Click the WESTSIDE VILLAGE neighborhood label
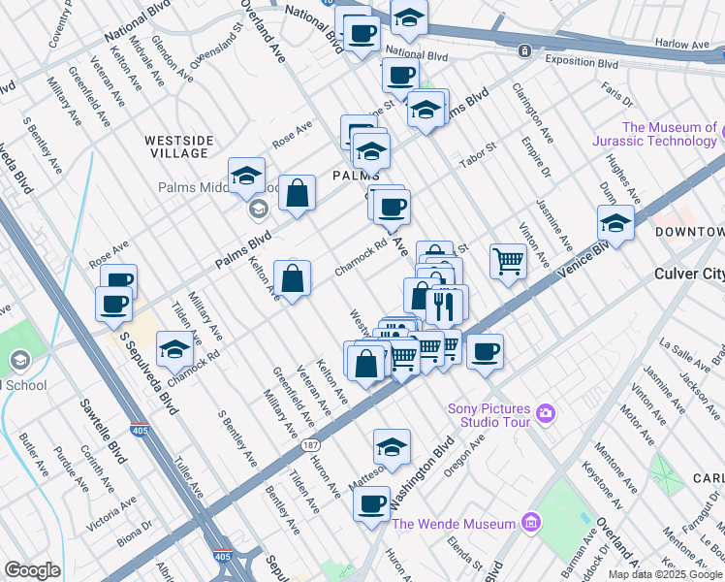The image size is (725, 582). [177, 146]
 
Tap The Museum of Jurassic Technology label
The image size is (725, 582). [670, 135]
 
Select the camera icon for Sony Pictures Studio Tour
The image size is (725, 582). [546, 414]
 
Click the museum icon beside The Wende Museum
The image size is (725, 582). [529, 524]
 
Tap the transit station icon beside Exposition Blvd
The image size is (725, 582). [524, 50]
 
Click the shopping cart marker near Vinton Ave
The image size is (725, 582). [508, 260]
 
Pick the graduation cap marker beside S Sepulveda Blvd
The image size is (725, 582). [173, 349]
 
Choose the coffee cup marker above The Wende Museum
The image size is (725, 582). [371, 503]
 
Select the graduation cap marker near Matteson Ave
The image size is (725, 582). [391, 446]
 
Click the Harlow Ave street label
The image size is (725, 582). [682, 44]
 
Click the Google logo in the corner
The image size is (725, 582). [32, 570]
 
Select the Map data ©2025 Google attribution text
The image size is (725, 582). [664, 574]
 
